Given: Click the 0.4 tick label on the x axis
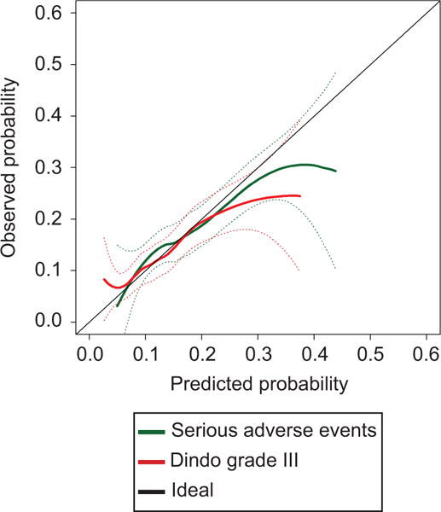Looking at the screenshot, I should click(314, 352).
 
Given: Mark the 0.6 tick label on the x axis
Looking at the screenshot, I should click(426, 352).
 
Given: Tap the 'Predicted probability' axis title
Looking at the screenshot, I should click(258, 383).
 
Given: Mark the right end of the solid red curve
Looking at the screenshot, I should click(300, 195).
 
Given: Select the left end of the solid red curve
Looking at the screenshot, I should click(103, 279).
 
